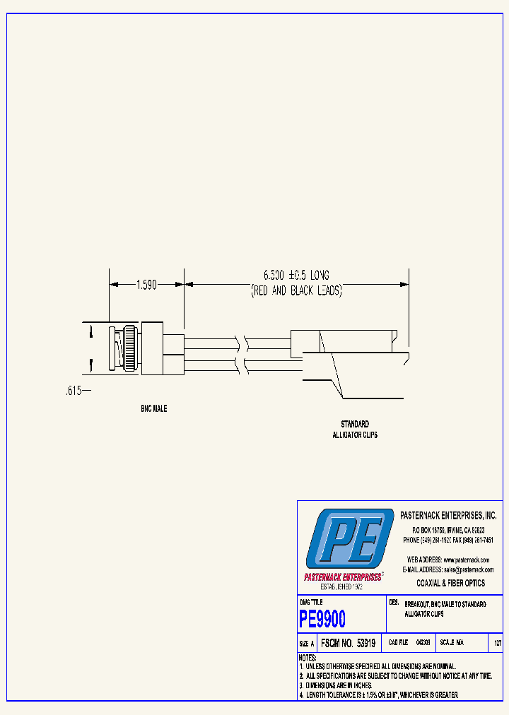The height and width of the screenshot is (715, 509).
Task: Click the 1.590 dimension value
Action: tap(148, 285)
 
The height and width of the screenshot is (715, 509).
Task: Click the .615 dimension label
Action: tap(71, 390)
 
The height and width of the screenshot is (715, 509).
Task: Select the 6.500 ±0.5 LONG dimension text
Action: tap(297, 274)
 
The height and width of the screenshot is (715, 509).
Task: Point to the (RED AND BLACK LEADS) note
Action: tap(297, 290)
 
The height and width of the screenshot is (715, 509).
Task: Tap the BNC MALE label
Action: tap(153, 409)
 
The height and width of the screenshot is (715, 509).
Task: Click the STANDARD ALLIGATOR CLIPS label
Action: tap(355, 430)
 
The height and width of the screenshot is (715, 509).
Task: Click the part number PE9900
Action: tap(322, 620)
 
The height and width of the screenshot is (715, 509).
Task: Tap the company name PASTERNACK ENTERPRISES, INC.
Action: tap(448, 516)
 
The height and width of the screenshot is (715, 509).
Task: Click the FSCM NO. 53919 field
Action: tap(348, 644)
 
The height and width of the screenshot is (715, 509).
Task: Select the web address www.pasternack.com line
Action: tap(447, 560)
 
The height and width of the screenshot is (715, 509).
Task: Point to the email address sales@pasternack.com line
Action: tap(447, 569)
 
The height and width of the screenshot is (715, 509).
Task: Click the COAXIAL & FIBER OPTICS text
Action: tap(450, 584)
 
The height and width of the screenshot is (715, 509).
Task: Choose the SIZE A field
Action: tap(307, 644)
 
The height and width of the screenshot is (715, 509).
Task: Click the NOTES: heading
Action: tap(308, 658)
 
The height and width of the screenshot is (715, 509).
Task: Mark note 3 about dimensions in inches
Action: tap(335, 685)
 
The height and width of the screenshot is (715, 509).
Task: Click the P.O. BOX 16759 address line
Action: tap(447, 530)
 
